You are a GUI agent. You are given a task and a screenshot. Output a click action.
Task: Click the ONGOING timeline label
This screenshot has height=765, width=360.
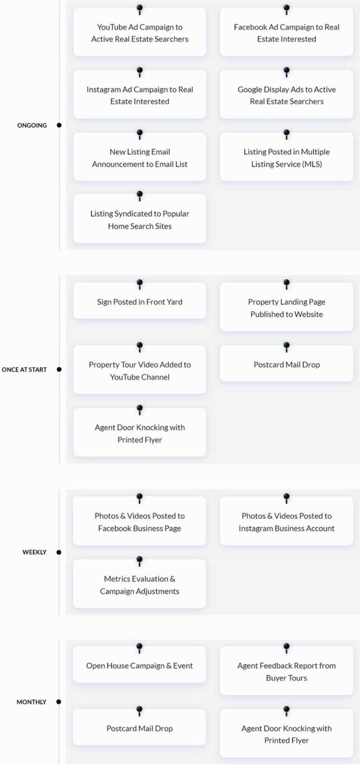click(32, 125)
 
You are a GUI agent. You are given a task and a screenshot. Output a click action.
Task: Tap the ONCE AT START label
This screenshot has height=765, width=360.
click(24, 369)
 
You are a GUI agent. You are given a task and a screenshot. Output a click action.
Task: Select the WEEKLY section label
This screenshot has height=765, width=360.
click(34, 552)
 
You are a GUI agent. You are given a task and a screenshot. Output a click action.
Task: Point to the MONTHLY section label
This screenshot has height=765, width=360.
click(31, 702)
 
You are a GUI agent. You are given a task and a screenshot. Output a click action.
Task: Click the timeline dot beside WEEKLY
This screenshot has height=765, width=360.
click(59, 552)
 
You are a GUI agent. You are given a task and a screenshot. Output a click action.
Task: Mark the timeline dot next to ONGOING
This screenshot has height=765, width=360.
click(59, 125)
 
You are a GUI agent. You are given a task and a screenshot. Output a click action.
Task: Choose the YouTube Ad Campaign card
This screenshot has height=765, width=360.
click(140, 33)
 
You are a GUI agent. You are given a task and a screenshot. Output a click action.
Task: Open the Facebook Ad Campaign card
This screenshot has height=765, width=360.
click(286, 33)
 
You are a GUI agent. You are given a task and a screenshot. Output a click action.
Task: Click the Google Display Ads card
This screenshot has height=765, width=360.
click(286, 95)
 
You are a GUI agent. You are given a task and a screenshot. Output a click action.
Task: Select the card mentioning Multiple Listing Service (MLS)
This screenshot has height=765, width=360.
click(286, 158)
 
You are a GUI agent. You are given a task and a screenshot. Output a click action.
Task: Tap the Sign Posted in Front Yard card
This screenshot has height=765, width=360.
click(140, 302)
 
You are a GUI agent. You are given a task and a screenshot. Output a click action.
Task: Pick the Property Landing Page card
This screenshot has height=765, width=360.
click(286, 308)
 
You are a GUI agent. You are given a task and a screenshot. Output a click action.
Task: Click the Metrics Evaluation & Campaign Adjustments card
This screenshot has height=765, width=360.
click(140, 585)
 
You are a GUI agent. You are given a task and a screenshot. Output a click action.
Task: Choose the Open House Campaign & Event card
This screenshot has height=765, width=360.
click(140, 666)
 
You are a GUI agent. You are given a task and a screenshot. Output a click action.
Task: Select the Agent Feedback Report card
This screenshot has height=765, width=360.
click(286, 672)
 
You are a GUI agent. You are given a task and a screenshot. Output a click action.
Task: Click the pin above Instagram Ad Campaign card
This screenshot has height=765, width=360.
click(140, 71)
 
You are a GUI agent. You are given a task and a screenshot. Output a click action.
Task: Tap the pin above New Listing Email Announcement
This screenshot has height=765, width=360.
click(140, 134)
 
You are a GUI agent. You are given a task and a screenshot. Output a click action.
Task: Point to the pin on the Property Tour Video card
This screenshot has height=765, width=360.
click(140, 346)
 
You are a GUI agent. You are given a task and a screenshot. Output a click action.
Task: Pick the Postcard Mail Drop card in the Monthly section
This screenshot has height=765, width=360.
click(140, 728)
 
